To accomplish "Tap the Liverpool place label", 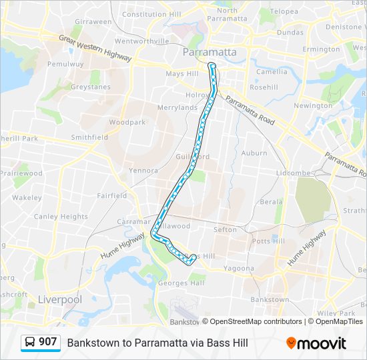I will (60, 299).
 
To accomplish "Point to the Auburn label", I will (254, 153).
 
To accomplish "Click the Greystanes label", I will (91, 86).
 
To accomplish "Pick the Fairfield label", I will (111, 196).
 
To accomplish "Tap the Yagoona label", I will (239, 269).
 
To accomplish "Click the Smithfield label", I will (89, 137).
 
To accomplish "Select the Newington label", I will (312, 105).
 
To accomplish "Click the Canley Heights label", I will (61, 217).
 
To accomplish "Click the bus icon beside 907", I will (30, 343).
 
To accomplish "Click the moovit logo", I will (316, 343).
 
